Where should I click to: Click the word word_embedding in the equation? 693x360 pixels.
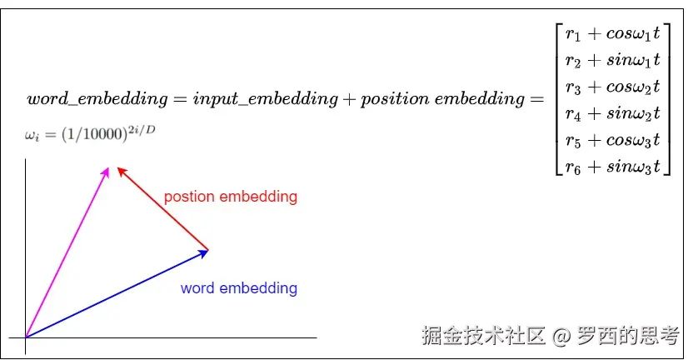pyautogui.click(x=97, y=99)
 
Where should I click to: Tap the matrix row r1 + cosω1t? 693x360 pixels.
pyautogui.click(x=612, y=35)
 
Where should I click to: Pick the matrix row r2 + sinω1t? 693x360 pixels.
pyautogui.click(x=612, y=60)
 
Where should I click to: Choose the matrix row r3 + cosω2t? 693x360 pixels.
pyautogui.click(x=612, y=87)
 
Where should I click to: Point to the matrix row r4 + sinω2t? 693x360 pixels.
pyautogui.click(x=612, y=113)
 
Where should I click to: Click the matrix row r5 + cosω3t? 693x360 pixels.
pyautogui.click(x=612, y=140)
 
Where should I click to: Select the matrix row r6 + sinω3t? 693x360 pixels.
pyautogui.click(x=612, y=167)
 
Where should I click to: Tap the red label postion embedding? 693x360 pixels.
pyautogui.click(x=230, y=197)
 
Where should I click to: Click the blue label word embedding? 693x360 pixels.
pyautogui.click(x=238, y=288)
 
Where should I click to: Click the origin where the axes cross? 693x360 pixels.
pyautogui.click(x=26, y=337)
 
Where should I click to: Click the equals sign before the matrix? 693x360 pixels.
pyautogui.click(x=537, y=100)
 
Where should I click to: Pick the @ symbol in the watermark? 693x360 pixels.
pyautogui.click(x=561, y=336)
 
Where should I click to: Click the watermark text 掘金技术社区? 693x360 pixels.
pyautogui.click(x=483, y=336)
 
